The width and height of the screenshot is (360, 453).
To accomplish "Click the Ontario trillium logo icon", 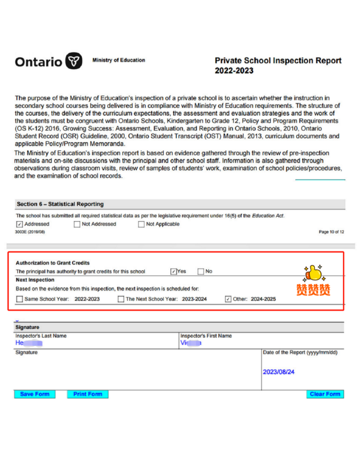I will pyautogui.click(x=74, y=61).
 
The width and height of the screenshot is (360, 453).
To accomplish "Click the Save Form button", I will pyautogui.click(x=35, y=394).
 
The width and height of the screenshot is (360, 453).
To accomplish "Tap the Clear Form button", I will pyautogui.click(x=325, y=394).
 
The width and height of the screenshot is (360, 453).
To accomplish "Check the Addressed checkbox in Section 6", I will pyautogui.click(x=19, y=224).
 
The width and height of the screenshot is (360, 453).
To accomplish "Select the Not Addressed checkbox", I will pyautogui.click(x=77, y=224).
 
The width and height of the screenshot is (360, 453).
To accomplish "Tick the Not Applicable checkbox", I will pyautogui.click(x=141, y=224).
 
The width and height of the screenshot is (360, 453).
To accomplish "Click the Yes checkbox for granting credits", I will pyautogui.click(x=174, y=272).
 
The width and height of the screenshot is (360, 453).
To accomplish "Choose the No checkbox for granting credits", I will pyautogui.click(x=201, y=272).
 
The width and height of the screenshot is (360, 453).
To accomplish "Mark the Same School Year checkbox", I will pyautogui.click(x=19, y=299).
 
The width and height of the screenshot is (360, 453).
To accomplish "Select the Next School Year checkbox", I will pyautogui.click(x=121, y=299).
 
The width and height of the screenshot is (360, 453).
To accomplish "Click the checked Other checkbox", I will pyautogui.click(x=228, y=299).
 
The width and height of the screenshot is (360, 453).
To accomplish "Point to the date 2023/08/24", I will pyautogui.click(x=279, y=372).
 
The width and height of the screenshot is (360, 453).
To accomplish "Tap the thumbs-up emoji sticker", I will pyautogui.click(x=313, y=274).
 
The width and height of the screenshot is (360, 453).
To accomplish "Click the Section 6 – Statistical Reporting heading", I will pyautogui.click(x=60, y=204).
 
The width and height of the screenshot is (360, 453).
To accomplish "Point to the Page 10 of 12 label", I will pyautogui.click(x=331, y=232).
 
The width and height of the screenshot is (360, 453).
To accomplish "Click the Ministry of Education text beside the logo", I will pyautogui.click(x=119, y=60).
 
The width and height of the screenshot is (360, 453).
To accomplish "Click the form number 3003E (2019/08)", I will pyautogui.click(x=30, y=232).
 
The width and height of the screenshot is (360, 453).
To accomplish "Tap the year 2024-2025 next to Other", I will pyautogui.click(x=263, y=299).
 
